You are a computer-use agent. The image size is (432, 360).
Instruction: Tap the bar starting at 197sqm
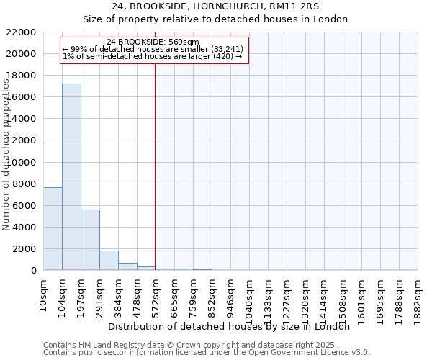tap(90, 240)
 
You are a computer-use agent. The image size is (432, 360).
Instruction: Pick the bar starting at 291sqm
tap(109, 261)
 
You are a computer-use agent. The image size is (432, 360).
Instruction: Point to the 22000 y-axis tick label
tap(22, 32)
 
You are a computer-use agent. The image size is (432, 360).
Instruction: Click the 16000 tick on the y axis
tap(22, 97)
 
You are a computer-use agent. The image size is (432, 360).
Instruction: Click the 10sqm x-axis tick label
tap(44, 292)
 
